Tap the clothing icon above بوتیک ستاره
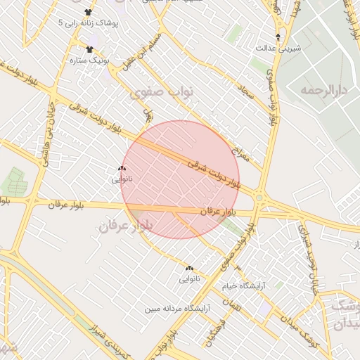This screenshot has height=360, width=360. click(x=89, y=49)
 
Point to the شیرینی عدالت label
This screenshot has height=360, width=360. click(x=281, y=47)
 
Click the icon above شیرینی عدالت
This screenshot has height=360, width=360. click(x=278, y=36)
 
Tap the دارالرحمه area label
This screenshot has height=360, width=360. click(x=324, y=91)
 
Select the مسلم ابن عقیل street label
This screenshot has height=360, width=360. click(x=153, y=49)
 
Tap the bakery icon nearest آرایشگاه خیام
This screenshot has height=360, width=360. click(x=188, y=268)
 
